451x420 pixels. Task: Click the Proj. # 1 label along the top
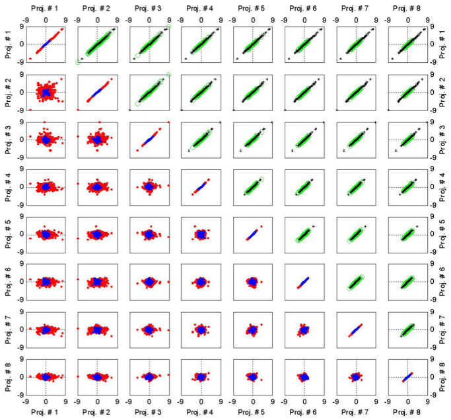(x=46, y=9)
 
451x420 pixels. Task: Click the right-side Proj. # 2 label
(x=444, y=91)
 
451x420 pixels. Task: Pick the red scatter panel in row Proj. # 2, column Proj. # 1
(x=46, y=91)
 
